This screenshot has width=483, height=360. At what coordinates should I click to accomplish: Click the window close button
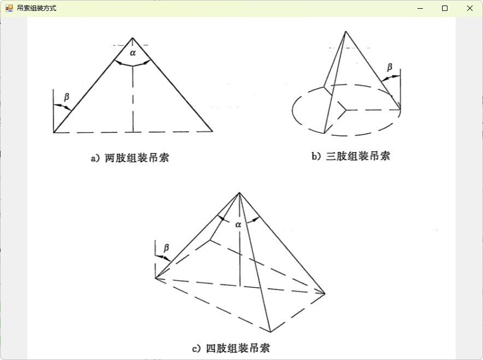469,8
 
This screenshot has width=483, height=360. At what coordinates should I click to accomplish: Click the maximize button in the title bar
445,8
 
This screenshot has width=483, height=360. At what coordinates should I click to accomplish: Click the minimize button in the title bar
420,8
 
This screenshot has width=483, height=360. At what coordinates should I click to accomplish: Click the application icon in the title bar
9,8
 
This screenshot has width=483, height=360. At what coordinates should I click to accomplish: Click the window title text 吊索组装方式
37,8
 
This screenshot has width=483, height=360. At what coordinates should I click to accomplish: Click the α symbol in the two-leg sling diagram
133,53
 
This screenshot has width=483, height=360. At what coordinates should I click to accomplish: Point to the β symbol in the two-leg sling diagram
67,97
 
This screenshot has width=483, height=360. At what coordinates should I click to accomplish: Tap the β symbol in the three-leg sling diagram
390,67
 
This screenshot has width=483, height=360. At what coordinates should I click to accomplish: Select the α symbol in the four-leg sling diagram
238,225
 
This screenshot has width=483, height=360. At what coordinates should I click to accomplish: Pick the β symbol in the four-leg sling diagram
166,247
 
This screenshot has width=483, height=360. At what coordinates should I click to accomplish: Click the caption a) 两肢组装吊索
130,158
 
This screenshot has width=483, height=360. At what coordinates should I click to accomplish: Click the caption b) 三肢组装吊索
351,156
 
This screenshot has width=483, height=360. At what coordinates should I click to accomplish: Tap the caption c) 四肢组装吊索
231,349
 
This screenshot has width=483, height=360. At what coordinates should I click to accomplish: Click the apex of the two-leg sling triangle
132,38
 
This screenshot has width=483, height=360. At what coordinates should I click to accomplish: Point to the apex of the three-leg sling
345,31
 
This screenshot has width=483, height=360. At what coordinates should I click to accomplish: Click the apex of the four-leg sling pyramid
239,193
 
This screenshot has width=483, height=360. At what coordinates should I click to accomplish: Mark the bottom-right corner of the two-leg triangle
213,132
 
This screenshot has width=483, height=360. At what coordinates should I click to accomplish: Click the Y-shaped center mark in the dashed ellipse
344,109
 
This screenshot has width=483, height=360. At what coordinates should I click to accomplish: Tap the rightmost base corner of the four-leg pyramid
325,294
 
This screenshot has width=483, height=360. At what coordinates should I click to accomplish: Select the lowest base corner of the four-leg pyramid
270,332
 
